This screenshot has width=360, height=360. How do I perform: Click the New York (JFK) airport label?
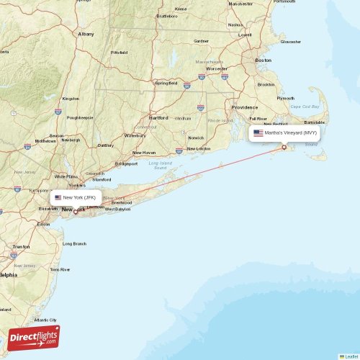(75, 197)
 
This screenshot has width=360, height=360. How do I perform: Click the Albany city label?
(86, 33)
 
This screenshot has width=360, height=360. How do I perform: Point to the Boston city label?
(263, 60)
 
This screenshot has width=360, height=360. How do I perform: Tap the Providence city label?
(244, 107)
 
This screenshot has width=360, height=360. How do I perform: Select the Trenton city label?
(20, 246)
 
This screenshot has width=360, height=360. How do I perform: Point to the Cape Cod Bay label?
(305, 107)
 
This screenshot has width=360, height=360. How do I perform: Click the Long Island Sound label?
(161, 165)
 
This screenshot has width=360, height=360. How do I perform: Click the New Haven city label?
(144, 153)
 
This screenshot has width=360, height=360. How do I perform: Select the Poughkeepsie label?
(80, 117)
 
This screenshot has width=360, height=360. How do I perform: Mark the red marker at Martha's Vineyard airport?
(284, 148)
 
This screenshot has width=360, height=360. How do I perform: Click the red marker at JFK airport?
(75, 212)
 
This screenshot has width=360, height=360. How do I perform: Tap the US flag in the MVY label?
(258, 132)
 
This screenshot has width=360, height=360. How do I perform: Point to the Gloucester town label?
(291, 42)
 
